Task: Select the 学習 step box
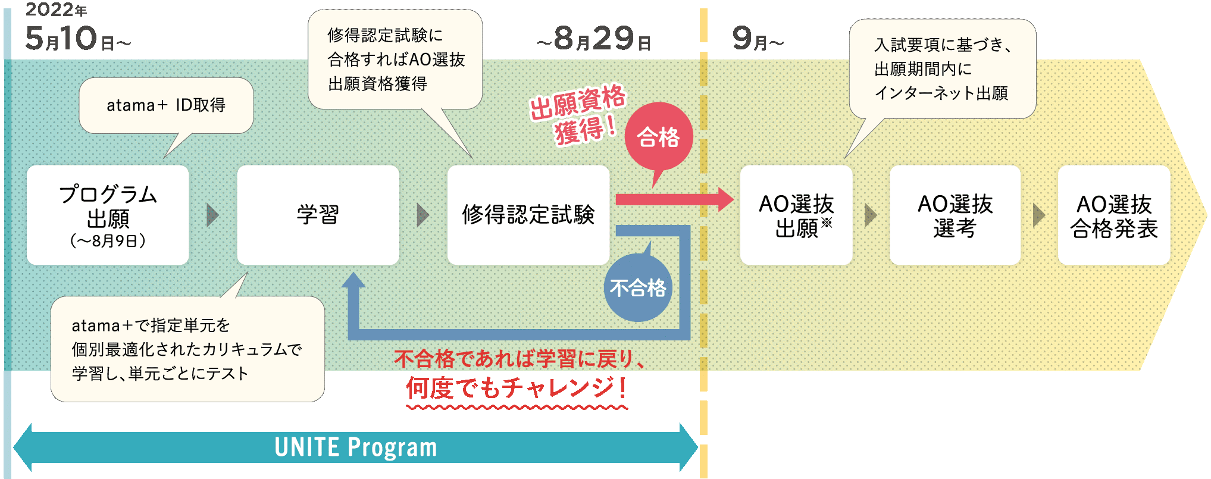coord(318,215)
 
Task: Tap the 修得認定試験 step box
coord(528,215)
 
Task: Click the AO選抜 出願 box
coord(796,215)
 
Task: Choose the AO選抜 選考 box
coord(955,215)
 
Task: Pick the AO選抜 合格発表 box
coord(1113,215)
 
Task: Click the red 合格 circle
coord(658,137)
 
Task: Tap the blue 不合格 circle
coord(638,288)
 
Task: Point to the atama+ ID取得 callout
coord(166,105)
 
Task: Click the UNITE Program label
coord(355,447)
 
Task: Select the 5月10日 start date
coord(77,39)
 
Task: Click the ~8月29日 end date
coord(593,39)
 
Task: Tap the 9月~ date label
coord(757,39)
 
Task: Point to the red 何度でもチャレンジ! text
coord(516,388)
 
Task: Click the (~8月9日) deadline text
coord(108,241)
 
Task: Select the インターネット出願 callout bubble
coord(941,69)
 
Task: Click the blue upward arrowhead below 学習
coord(353,281)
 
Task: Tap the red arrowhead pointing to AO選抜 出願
coord(726,199)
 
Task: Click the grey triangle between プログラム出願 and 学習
coord(212,215)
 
